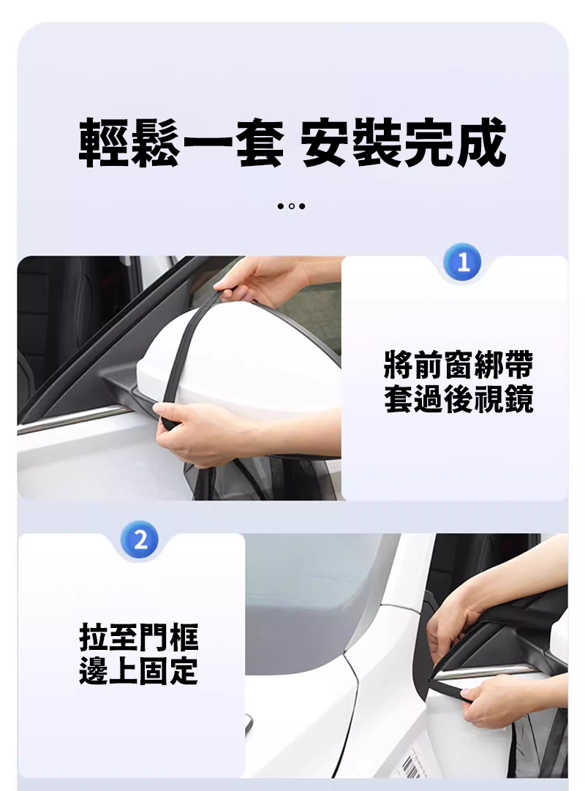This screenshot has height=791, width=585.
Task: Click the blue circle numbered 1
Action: (463, 262)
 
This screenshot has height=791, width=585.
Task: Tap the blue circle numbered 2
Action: (140, 540)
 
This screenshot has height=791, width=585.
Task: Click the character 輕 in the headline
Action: (104, 143)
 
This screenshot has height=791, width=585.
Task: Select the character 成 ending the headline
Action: (481, 143)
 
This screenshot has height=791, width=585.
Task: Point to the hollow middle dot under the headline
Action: (291, 206)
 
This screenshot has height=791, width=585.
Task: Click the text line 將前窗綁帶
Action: (458, 365)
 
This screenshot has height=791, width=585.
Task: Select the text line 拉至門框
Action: (139, 637)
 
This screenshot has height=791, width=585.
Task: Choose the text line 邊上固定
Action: (139, 671)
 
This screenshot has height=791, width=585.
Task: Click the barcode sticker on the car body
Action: (412, 764)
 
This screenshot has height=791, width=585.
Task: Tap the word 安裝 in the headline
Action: (352, 143)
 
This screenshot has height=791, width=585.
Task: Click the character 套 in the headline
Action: (258, 143)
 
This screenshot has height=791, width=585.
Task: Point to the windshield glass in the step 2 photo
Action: (313, 600)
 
